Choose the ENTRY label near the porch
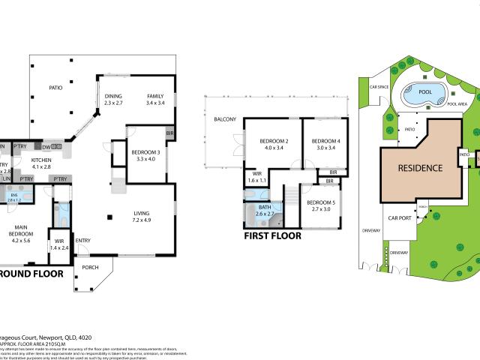(83, 240)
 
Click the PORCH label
(90, 267)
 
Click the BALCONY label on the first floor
(225, 120)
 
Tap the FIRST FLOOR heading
(273, 235)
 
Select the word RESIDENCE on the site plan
(420, 168)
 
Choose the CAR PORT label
(398, 219)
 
